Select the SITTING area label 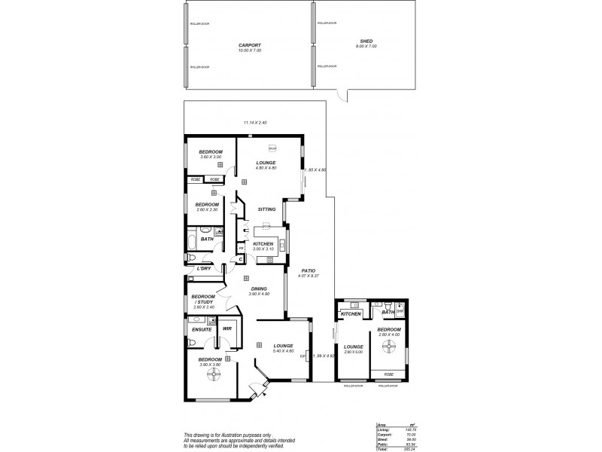click(266, 209)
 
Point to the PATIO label click(308, 270)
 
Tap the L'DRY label click(203, 268)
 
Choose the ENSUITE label click(200, 329)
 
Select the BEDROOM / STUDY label click(203, 299)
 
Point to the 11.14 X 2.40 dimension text click(255, 123)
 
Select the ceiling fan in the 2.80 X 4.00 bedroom click(389, 347)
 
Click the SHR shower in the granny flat click(400, 310)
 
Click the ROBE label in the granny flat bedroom click(388, 374)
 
